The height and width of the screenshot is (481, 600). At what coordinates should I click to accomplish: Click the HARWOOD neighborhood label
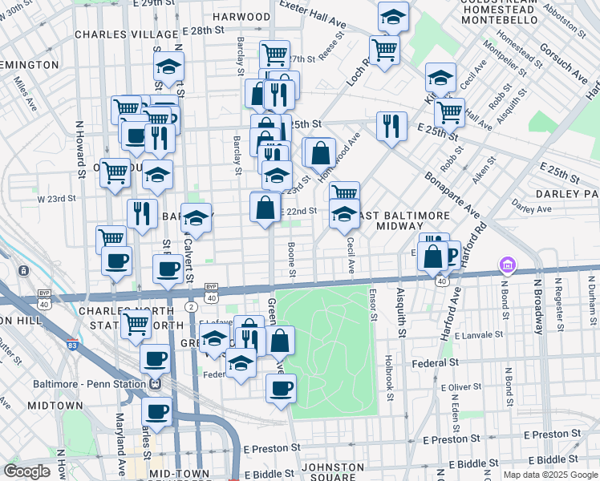241,16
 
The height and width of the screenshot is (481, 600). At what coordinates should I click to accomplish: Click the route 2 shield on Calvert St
191,307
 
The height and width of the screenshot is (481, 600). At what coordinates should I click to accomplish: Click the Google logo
26,471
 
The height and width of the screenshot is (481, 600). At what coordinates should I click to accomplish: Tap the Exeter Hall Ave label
312,17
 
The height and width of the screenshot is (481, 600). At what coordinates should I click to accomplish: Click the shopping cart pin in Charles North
136,325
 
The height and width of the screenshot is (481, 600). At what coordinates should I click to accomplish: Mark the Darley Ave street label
532,208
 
